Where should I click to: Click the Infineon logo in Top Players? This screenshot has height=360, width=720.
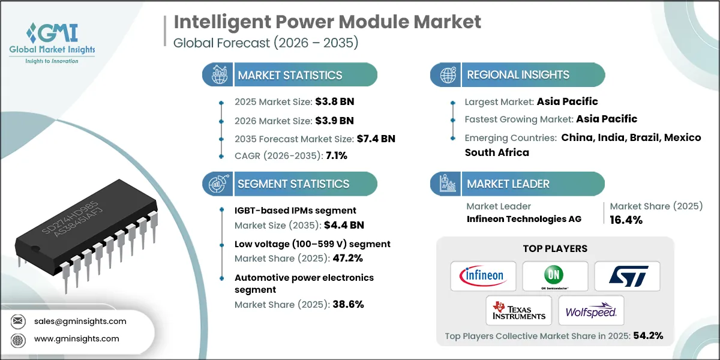click(483, 276)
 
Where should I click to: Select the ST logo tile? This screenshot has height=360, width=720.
click(627, 276)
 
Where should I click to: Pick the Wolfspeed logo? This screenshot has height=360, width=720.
click(591, 310)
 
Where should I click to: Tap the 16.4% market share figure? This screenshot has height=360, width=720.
click(626, 220)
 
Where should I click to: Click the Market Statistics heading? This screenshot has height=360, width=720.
click(290, 75)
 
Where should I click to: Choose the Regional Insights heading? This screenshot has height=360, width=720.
click(518, 75)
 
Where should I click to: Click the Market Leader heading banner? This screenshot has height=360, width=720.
click(508, 184)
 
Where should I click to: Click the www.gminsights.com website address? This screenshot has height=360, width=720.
click(77, 339)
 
